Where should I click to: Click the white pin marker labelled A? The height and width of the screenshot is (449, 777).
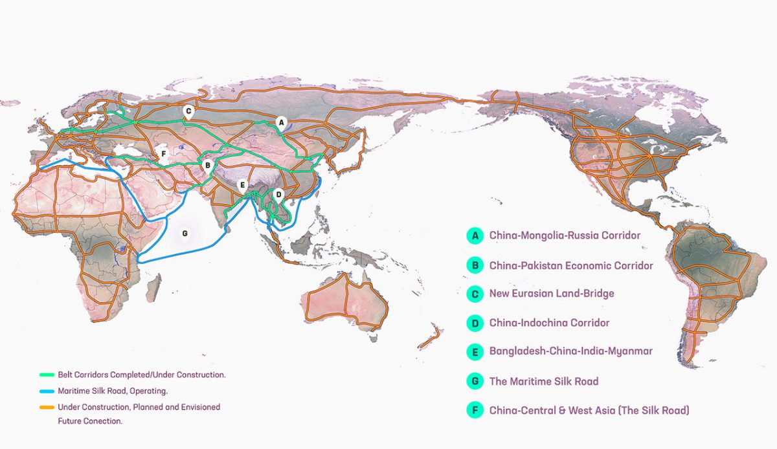click(280, 121)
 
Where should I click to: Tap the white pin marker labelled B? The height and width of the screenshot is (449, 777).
click(207, 166)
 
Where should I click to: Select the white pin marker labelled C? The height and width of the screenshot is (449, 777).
click(188, 111)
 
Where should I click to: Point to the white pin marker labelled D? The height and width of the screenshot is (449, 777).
click(278, 193)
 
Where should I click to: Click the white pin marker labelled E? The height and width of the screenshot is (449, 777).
click(243, 184)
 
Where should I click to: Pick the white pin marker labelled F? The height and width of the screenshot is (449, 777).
click(164, 154)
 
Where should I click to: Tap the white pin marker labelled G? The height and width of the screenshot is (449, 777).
click(185, 233)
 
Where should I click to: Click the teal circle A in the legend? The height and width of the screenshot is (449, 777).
click(475, 235)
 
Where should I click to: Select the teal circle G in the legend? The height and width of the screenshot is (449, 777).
click(475, 381)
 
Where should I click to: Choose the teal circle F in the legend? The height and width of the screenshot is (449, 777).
click(475, 410)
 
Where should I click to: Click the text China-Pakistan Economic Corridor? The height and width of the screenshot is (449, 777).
click(571, 265)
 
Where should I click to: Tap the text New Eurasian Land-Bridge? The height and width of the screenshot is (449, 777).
click(552, 294)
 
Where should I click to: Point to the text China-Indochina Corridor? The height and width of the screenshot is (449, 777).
click(549, 322)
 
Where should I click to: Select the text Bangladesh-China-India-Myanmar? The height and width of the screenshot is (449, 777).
click(570, 351)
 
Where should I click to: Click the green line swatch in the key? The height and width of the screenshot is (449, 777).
click(45, 375)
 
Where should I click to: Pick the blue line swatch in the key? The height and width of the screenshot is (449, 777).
click(45, 391)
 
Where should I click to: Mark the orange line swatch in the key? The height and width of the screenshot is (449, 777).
click(45, 407)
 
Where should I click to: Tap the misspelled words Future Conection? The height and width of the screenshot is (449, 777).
click(90, 421)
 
